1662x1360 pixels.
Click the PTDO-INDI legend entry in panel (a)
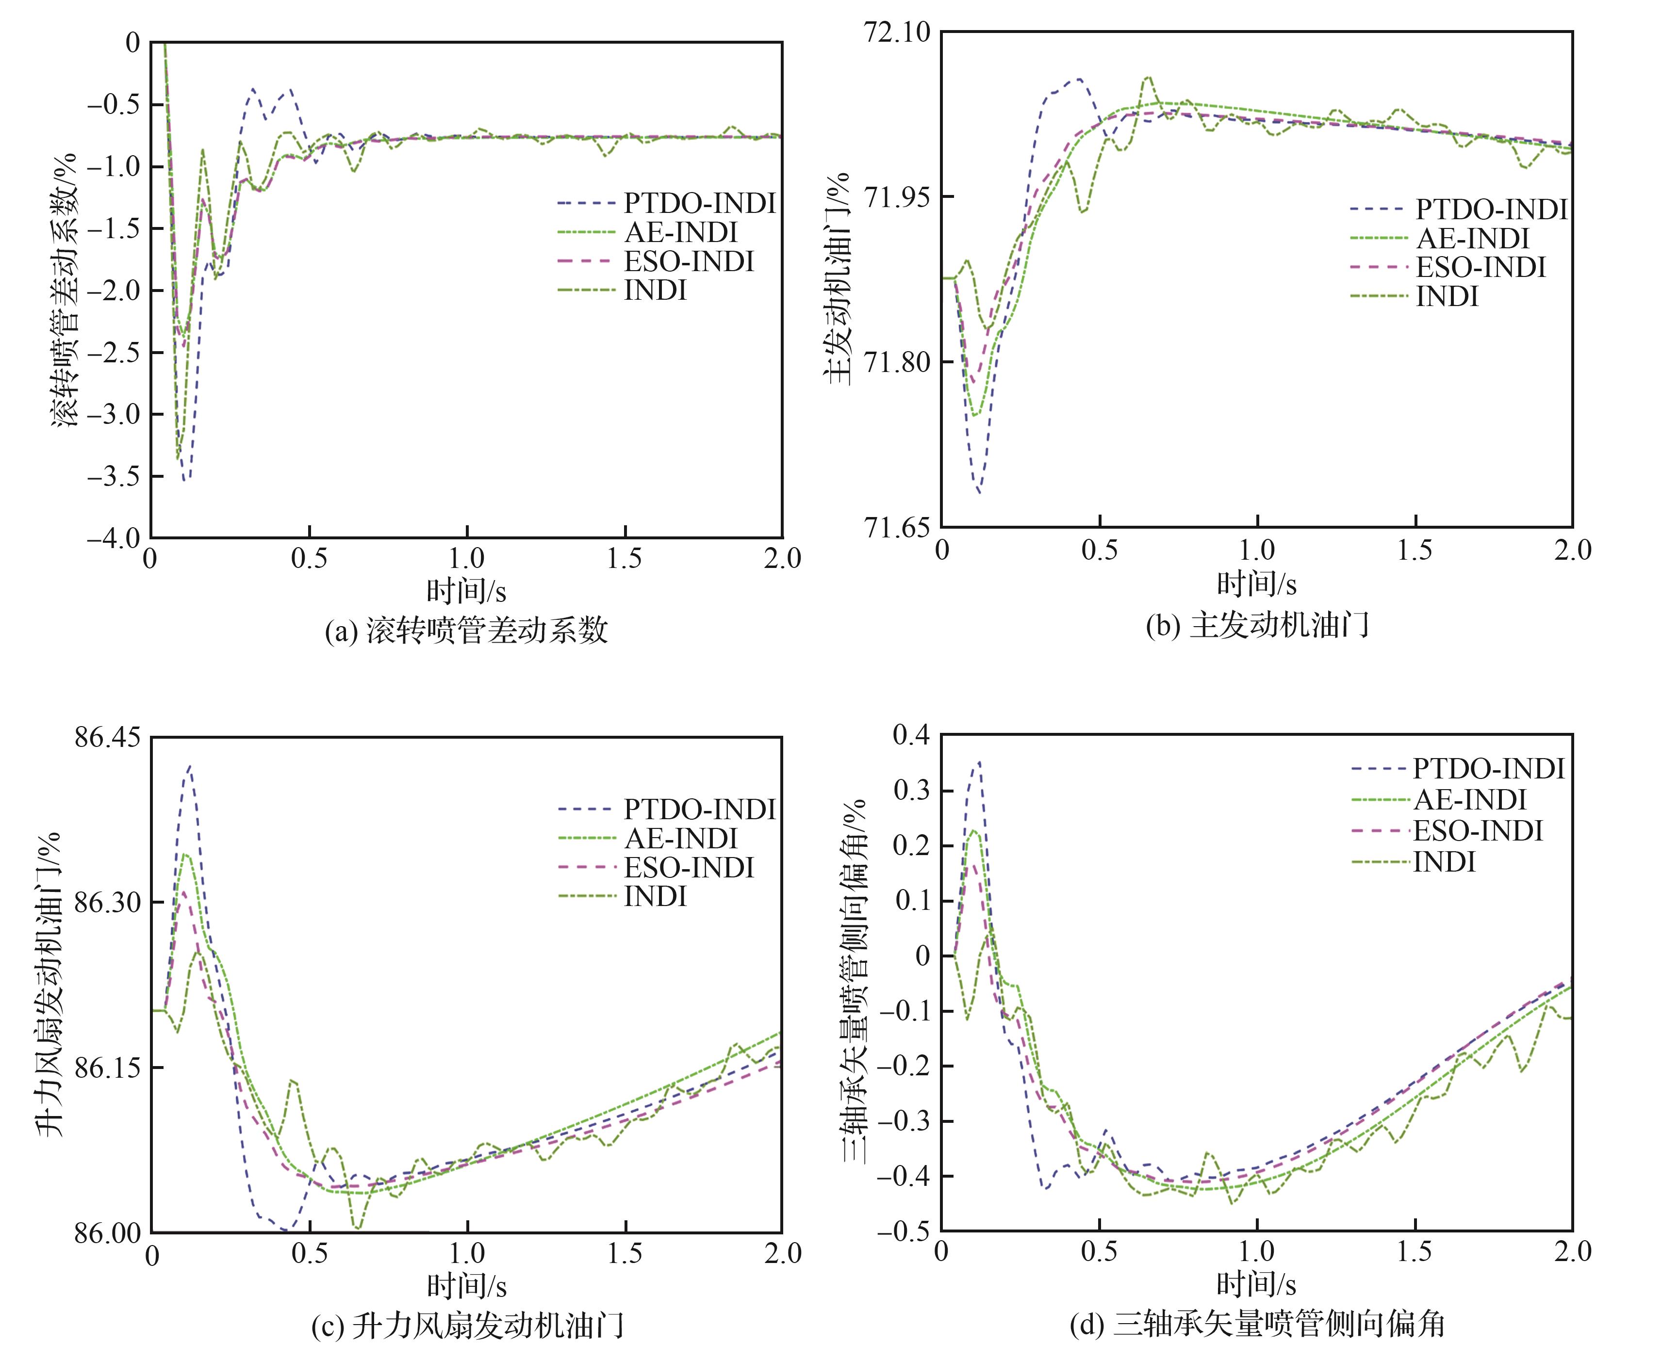pyautogui.click(x=699, y=203)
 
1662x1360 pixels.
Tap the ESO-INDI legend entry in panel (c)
pyautogui.click(x=689, y=867)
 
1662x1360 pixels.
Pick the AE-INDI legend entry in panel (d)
pyautogui.click(x=1470, y=799)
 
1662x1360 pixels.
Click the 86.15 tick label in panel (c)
pyautogui.click(x=107, y=1067)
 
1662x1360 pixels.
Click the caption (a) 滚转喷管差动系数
pyautogui.click(x=466, y=630)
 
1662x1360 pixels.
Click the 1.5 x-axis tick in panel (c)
pyautogui.click(x=625, y=1253)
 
